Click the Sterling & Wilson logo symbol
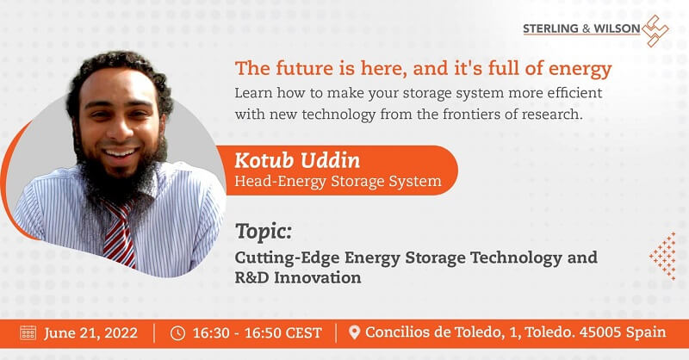coord(655,31)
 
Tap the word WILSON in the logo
coord(617,28)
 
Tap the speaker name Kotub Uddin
coord(297,160)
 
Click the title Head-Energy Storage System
coord(338,181)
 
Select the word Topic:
coord(264,231)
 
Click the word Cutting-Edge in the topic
coord(287,258)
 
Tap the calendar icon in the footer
coord(28,332)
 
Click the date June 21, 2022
coord(90,332)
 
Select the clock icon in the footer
coord(178,332)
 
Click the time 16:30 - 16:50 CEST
coord(257,332)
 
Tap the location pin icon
coord(354,332)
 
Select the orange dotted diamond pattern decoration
coord(662,256)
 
